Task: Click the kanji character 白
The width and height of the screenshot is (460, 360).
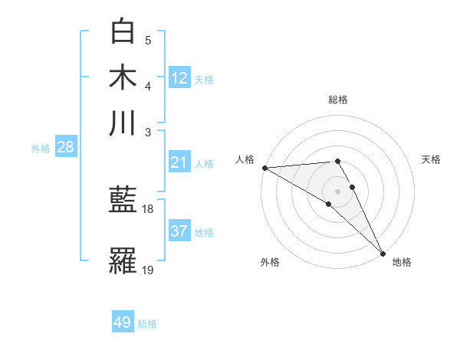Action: click(x=123, y=31)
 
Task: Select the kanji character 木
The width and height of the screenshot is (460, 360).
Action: click(x=123, y=77)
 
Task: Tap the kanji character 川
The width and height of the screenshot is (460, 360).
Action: click(x=123, y=123)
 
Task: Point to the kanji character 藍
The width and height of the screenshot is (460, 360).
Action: click(x=123, y=200)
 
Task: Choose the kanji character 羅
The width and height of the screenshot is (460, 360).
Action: click(x=123, y=260)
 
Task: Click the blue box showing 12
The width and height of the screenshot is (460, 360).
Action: click(x=179, y=77)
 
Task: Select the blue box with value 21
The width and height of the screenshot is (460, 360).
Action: click(x=179, y=162)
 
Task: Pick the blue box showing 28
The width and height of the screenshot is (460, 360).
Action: click(x=65, y=147)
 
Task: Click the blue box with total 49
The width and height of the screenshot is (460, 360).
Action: click(x=123, y=322)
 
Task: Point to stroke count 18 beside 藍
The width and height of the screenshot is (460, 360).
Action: click(x=148, y=208)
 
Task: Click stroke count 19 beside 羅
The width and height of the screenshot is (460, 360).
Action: click(x=148, y=269)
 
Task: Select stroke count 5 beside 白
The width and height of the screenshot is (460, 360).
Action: click(x=148, y=40)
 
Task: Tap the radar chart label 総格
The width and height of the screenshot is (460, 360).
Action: click(x=338, y=100)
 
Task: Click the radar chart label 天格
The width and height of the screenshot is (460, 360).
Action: click(x=431, y=159)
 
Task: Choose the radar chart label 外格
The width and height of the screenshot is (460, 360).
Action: click(x=270, y=262)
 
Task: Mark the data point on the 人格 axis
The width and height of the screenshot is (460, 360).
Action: click(x=264, y=167)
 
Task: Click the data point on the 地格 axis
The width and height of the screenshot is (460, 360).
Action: click(x=383, y=253)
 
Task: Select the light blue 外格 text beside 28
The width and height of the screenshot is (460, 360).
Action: click(x=41, y=149)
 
